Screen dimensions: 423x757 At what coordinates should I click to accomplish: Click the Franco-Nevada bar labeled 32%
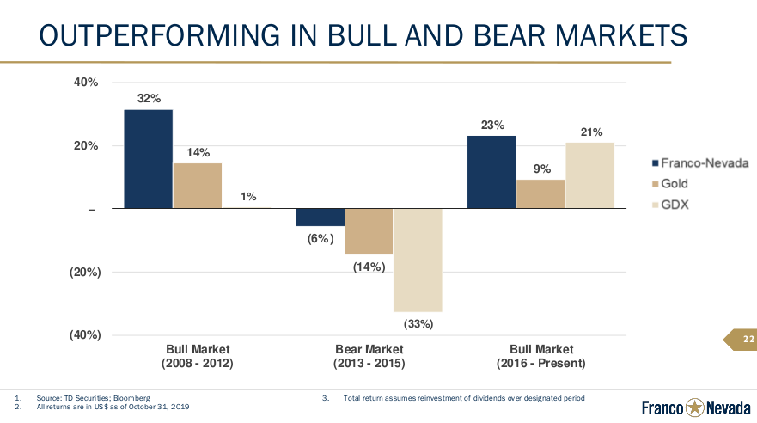click(148, 159)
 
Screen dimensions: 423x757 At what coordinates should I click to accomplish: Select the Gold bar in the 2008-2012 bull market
click(197, 186)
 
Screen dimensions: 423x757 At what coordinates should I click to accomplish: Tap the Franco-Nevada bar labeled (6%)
click(320, 218)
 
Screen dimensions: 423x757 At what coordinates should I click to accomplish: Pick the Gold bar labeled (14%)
click(369, 231)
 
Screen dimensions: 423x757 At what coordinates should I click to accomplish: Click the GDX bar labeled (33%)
click(418, 260)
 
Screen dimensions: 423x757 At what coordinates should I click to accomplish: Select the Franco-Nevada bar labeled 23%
click(491, 172)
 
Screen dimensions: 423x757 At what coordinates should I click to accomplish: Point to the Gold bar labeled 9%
click(540, 194)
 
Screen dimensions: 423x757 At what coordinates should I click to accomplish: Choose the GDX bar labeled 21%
click(589, 175)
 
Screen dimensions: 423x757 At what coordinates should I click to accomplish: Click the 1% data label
click(248, 197)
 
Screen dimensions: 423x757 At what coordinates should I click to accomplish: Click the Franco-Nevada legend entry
click(694, 162)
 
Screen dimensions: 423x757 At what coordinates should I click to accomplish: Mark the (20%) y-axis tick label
click(85, 272)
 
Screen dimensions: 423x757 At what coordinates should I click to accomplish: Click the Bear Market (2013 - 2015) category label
click(369, 357)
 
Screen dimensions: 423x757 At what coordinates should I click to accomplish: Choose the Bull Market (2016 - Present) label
click(540, 357)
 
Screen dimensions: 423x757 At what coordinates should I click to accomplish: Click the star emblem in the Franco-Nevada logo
click(693, 407)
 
